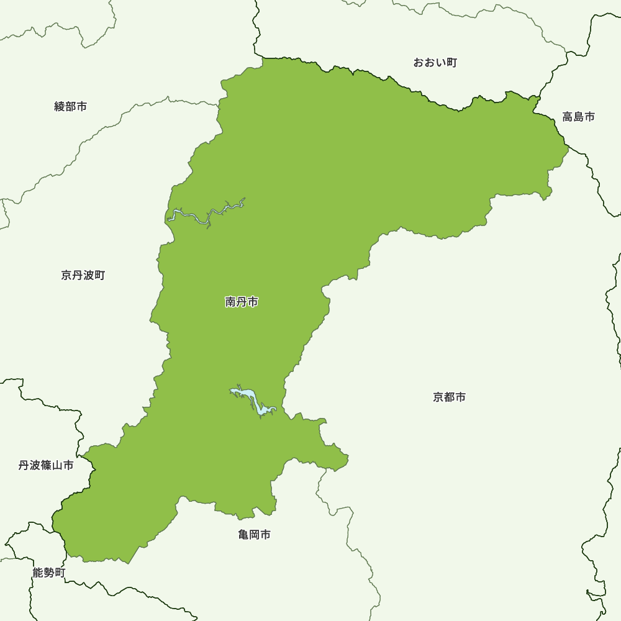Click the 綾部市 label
pyautogui.click(x=71, y=107)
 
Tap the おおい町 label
pyautogui.click(x=435, y=63)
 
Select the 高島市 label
pyautogui.click(x=578, y=117)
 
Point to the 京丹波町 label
pyautogui.click(x=83, y=275)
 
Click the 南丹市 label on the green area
pyautogui.click(x=242, y=302)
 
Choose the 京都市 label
pyautogui.click(x=449, y=397)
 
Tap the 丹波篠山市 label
pyautogui.click(x=46, y=465)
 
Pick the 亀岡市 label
pyautogui.click(x=254, y=535)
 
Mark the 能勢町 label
pyautogui.click(x=48, y=573)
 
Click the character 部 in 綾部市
pyautogui.click(x=71, y=107)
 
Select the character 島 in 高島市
pyautogui.click(x=578, y=117)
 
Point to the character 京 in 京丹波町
pyautogui.click(x=66, y=275)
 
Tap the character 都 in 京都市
pyautogui.click(x=449, y=397)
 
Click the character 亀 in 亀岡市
pyautogui.click(x=243, y=535)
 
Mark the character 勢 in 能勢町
pyautogui.click(x=48, y=573)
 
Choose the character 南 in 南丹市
pyautogui.click(x=230, y=302)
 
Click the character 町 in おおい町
pyautogui.click(x=451, y=63)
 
